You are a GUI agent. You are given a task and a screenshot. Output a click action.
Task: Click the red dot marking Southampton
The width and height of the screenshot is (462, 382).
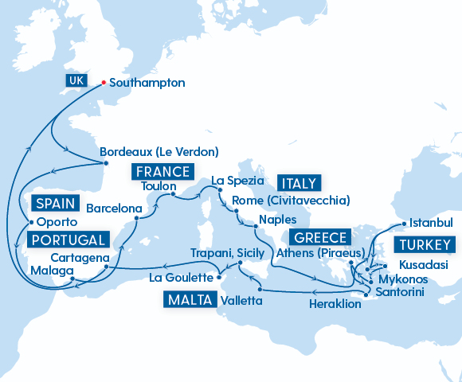(104, 83)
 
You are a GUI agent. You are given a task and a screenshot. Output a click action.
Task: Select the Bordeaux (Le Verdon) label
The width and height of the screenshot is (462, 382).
(159, 151)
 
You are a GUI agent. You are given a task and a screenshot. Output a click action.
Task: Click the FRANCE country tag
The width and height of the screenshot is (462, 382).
(162, 172)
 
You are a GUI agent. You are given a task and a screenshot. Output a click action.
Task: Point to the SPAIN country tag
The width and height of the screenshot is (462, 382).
(55, 204)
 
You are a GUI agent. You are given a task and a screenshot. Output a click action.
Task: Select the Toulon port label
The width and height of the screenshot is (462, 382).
(158, 187)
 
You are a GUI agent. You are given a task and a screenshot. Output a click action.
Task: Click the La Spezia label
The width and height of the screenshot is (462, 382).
(237, 181)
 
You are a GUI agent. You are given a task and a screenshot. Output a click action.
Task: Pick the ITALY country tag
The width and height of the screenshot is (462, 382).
(298, 182)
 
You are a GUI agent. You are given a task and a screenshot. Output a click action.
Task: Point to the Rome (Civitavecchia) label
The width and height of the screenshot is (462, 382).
(290, 200)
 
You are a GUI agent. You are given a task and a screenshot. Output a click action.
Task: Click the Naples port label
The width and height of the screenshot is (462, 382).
(277, 219)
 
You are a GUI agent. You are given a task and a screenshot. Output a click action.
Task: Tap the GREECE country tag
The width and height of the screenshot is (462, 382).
(321, 237)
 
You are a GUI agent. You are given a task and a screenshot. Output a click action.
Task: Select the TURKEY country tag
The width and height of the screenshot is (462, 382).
(425, 244)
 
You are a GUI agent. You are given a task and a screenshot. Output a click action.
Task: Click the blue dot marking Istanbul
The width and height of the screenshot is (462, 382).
(404, 224)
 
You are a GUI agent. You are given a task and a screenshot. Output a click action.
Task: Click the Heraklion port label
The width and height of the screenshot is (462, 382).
(335, 303)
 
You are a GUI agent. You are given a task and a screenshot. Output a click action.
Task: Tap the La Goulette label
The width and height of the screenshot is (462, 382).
(183, 278)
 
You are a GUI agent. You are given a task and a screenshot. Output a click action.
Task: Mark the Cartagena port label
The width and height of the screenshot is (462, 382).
(80, 259)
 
